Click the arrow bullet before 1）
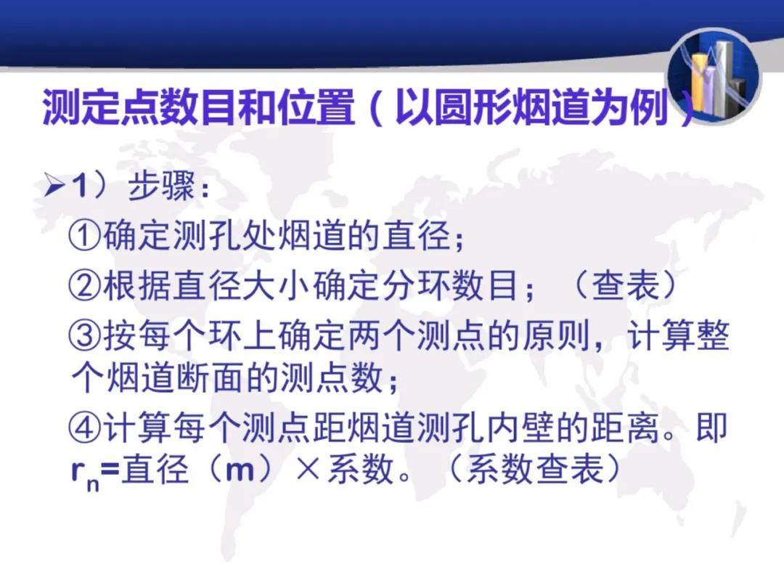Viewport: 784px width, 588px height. pos(54,186)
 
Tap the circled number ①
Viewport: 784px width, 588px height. pos(85,236)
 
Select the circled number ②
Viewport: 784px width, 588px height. pos(85,285)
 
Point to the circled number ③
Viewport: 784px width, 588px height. pos(85,335)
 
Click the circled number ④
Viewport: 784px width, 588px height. pos(85,428)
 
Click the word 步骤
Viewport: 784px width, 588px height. pos(161,186)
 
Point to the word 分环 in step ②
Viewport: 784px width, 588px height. pos(417,285)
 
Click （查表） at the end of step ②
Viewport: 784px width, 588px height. pos(625,285)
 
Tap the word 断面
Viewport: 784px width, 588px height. pos(210,378)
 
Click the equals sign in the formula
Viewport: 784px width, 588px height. pos(110,470)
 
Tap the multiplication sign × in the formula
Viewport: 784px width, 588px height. pos(308,470)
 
